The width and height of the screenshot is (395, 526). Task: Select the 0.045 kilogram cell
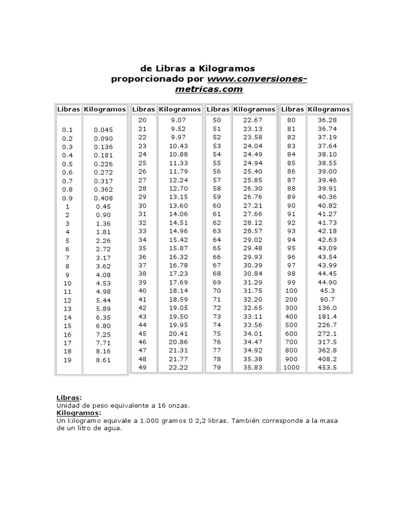tap(103, 130)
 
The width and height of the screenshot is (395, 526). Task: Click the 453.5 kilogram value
tap(328, 367)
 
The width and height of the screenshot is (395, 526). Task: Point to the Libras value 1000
tap(292, 367)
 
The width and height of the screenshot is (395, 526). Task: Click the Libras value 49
tap(142, 367)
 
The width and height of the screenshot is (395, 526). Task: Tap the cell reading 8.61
tap(103, 361)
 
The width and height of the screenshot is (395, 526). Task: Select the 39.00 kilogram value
tap(328, 171)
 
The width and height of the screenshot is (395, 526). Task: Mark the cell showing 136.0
tap(328, 308)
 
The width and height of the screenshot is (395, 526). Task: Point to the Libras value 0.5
tap(67, 164)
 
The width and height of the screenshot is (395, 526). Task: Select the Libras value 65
tap(217, 248)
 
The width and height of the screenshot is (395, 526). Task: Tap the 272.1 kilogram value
tap(328, 333)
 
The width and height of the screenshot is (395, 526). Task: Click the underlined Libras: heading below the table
tap(68, 398)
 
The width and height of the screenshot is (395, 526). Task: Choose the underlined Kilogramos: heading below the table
tap(79, 413)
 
